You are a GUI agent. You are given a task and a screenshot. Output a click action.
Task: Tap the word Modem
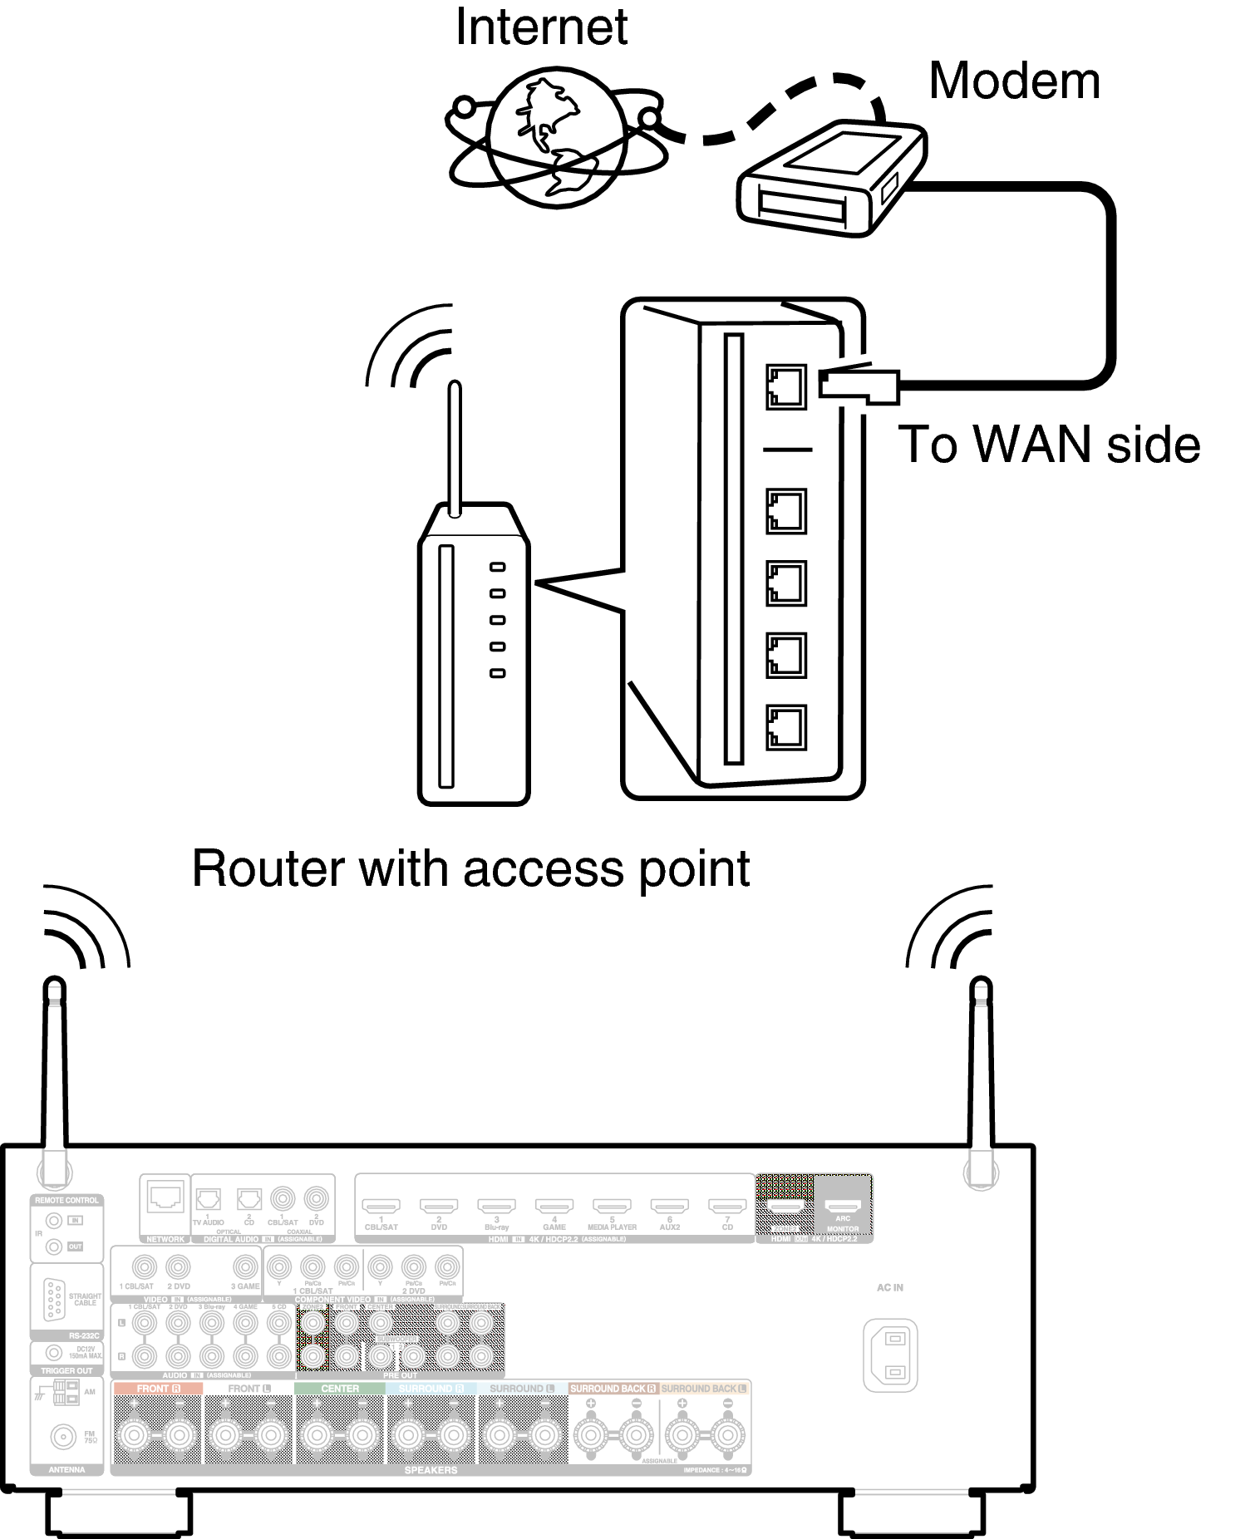coord(1013,81)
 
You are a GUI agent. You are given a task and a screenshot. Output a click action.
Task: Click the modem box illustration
coord(831,179)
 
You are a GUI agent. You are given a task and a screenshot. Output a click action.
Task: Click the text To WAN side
coord(1049,445)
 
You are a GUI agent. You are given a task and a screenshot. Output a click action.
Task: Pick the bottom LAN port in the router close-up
coord(785,727)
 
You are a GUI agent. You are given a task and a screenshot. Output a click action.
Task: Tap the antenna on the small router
coord(454,449)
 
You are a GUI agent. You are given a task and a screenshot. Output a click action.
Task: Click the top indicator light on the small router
coord(497,567)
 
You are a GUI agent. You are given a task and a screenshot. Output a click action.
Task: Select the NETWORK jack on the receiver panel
coord(165,1197)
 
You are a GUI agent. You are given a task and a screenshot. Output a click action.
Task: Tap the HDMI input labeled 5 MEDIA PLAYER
coord(612,1206)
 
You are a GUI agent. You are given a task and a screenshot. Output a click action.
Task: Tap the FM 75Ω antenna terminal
coord(61,1436)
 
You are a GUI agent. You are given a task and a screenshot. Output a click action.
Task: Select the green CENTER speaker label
coord(340,1389)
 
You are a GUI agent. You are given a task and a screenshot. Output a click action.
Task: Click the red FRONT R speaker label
coord(157,1389)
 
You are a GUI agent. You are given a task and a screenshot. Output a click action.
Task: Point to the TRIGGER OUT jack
coord(54,1354)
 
